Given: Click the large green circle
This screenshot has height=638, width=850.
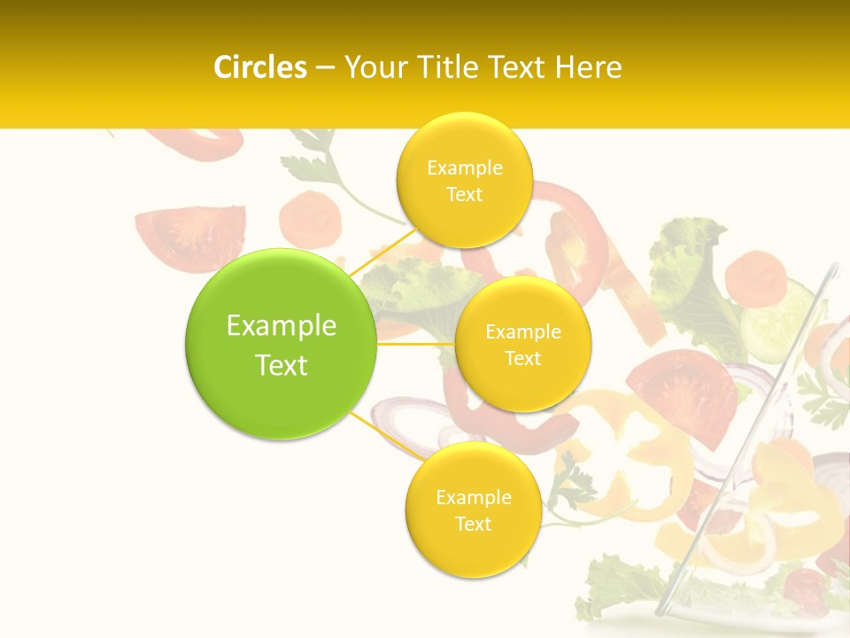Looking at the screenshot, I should (281, 344).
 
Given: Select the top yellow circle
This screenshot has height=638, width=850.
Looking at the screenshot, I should (464, 180).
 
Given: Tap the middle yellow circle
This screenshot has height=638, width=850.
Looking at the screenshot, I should (522, 344).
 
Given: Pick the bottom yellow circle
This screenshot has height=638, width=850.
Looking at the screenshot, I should (473, 510).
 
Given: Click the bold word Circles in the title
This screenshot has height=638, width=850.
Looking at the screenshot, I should (260, 67).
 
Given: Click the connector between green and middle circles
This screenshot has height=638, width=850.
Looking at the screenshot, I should (415, 343).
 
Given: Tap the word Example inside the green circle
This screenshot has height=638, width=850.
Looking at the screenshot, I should (281, 326).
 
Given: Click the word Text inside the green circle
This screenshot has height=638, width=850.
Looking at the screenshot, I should (281, 365).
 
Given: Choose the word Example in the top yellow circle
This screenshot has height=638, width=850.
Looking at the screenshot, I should (464, 168).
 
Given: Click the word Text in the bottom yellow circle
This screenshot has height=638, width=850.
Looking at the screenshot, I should (473, 524).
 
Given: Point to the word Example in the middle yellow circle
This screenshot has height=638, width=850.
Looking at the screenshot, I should (522, 332).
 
